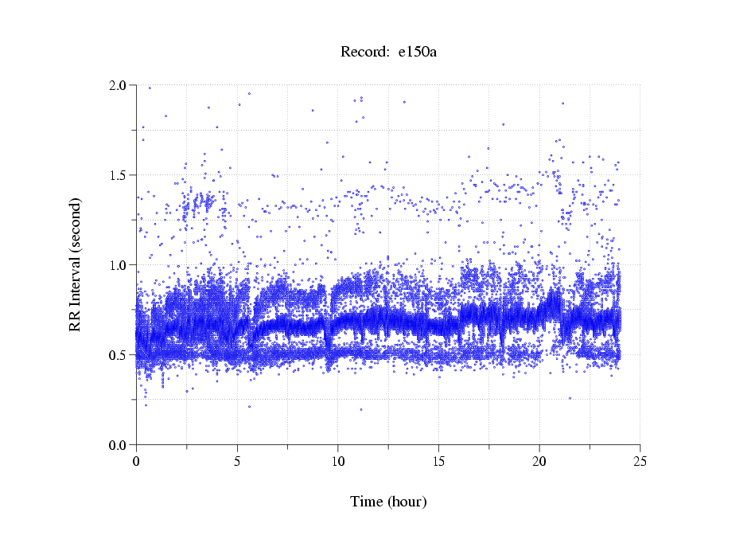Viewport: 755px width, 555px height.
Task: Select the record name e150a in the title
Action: (x=418, y=53)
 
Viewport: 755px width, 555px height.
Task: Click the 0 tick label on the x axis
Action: (x=137, y=460)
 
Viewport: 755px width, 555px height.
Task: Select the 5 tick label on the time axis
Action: (x=237, y=460)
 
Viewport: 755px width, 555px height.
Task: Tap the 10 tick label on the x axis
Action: (x=338, y=460)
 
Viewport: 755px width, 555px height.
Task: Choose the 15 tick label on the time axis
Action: (x=439, y=460)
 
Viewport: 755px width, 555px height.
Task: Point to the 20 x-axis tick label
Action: (x=539, y=460)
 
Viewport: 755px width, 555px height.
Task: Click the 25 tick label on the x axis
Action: (x=640, y=460)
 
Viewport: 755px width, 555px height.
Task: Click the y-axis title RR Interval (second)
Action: (x=75, y=264)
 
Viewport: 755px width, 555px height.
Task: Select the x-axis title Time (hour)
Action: (x=388, y=502)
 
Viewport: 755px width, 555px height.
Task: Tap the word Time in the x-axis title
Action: (x=367, y=502)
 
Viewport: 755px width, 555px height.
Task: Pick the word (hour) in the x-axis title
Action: (x=407, y=502)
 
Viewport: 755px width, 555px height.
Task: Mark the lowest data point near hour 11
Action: (x=360, y=409)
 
